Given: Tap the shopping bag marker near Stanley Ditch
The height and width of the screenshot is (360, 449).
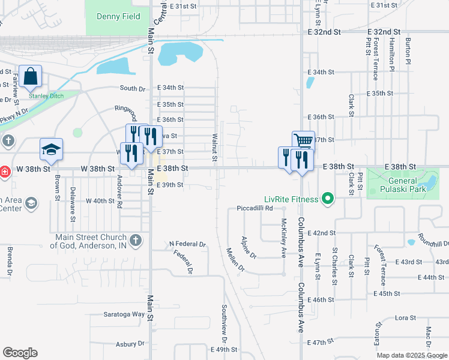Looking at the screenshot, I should [x=30, y=77].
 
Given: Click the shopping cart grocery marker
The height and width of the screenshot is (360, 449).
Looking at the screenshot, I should [x=304, y=142].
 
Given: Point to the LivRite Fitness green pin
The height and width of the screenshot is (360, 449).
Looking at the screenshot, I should [x=327, y=198].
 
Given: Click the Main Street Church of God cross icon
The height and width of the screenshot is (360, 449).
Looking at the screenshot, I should [x=136, y=241].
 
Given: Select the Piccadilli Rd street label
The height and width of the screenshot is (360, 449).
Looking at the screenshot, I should [x=255, y=208].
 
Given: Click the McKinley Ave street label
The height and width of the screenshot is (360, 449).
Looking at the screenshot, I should [x=283, y=237].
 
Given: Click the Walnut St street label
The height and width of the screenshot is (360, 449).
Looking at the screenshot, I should [x=214, y=146].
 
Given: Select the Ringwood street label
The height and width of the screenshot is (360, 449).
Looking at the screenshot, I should [x=127, y=110].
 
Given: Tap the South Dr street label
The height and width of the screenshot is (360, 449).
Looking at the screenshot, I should [x=132, y=89].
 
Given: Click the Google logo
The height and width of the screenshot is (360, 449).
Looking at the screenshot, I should [x=20, y=353].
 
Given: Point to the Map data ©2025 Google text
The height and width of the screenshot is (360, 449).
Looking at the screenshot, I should [x=412, y=355].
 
